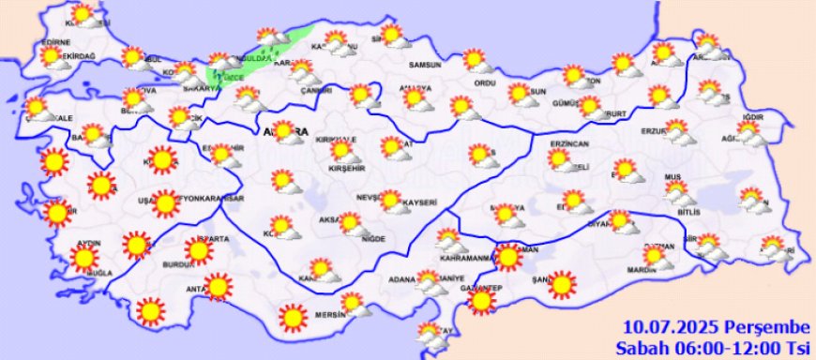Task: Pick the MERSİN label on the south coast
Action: (333, 314)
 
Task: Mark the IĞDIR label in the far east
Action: (754, 117)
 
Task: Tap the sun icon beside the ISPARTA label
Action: (198, 250)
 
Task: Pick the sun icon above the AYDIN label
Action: (85, 259)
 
